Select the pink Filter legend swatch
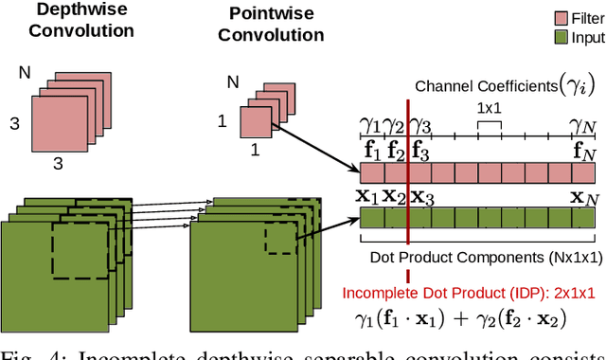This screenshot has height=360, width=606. tap(547, 18)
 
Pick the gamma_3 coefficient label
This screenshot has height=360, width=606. tap(420, 124)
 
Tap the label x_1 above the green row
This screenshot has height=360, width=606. tap(367, 197)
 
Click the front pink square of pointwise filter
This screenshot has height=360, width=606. tap(254, 121)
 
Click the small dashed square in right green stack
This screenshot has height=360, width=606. tap(279, 241)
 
